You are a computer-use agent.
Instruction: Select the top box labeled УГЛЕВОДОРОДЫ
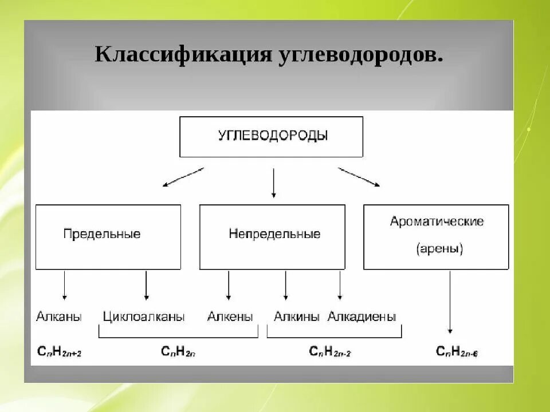click(x=271, y=137)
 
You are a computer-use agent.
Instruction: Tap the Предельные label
click(x=102, y=234)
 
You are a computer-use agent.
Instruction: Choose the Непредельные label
click(x=274, y=234)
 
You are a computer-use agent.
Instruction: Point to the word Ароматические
click(x=437, y=221)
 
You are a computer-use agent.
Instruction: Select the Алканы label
click(x=58, y=316)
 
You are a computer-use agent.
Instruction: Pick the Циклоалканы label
click(x=144, y=316)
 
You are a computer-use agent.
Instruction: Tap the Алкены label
click(x=230, y=316)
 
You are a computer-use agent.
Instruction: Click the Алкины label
click(x=296, y=316)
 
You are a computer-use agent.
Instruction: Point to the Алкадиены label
click(x=362, y=316)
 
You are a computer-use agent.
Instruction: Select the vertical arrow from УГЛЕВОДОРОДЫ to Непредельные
click(x=273, y=183)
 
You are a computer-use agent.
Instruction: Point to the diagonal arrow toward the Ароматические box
click(x=359, y=177)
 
